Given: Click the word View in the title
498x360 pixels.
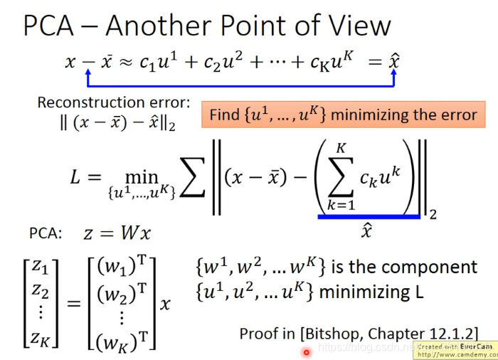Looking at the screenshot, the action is (x=356, y=26).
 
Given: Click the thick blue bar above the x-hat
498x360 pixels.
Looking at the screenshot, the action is (x=368, y=216).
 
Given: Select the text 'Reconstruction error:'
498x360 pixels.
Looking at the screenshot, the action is (x=114, y=102).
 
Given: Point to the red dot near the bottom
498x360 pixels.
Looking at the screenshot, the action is (x=307, y=351).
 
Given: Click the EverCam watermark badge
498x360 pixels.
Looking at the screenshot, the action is (x=456, y=349).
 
